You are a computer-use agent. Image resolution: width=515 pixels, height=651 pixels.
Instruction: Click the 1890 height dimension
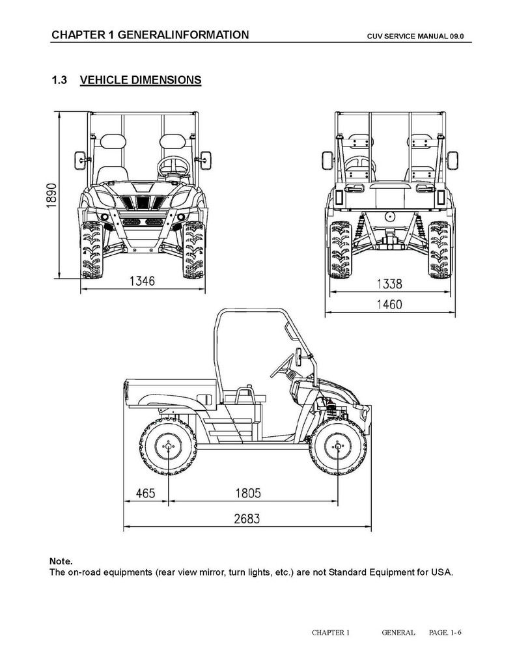[x=51, y=195]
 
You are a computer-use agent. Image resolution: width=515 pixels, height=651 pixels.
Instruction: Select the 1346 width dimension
[x=142, y=281]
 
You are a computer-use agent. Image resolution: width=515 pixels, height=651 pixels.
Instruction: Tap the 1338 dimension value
[x=390, y=284]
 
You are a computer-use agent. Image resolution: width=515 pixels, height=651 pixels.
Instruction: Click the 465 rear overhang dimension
[x=145, y=493]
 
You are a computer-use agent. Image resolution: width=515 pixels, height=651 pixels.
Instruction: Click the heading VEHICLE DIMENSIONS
[x=140, y=81]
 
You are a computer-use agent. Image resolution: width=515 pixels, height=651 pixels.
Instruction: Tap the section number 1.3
[x=59, y=81]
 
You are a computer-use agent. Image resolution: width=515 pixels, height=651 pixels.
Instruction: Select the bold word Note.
[x=61, y=561]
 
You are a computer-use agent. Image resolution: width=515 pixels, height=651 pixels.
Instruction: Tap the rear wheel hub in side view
[x=168, y=447]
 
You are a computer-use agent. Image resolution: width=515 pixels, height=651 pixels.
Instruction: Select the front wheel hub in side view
[x=338, y=447]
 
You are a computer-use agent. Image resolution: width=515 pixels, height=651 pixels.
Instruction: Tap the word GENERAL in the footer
[x=398, y=632]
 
